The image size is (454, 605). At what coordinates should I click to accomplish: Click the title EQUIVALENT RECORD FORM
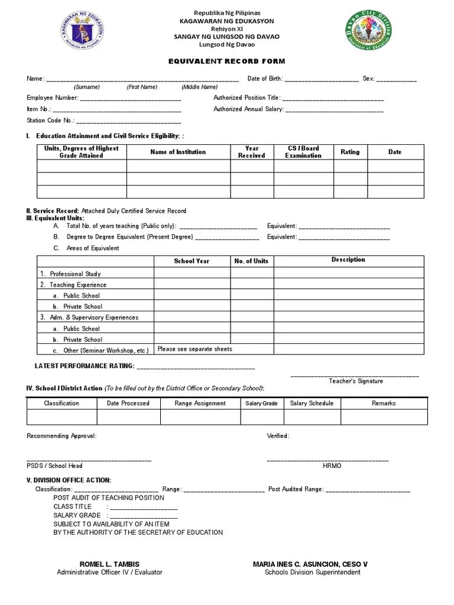click(226, 61)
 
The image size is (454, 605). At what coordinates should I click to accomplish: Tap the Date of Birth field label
click(265, 79)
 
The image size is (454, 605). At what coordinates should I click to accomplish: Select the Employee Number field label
click(53, 98)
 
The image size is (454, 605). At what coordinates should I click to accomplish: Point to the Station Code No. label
click(50, 121)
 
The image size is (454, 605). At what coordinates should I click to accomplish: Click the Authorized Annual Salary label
click(248, 109)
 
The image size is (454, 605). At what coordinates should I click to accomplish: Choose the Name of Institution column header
click(178, 152)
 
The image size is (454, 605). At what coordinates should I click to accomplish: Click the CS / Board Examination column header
click(303, 152)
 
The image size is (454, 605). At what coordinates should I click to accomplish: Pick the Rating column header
click(350, 152)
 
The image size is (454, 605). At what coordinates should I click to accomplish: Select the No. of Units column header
click(251, 261)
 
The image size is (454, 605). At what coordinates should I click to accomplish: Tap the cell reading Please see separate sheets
click(195, 349)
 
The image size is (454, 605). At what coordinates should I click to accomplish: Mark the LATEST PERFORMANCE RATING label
click(85, 366)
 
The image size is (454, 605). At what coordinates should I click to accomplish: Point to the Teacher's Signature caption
click(356, 381)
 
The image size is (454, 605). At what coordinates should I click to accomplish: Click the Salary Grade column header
click(261, 404)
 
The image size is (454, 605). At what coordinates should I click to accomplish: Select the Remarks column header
click(384, 404)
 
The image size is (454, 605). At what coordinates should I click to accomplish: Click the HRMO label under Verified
click(332, 466)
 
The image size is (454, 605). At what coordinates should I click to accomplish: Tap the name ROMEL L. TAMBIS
click(109, 564)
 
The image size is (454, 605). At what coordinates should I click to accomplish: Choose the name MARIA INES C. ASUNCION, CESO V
click(310, 564)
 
